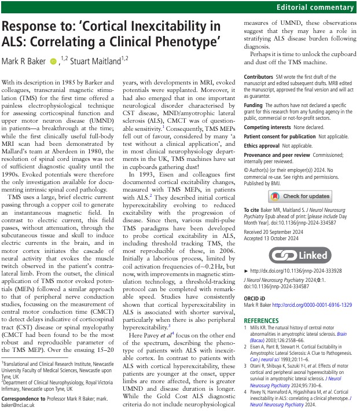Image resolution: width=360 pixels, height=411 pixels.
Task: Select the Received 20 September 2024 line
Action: point(277,233)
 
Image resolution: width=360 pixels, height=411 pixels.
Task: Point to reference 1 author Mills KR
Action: point(262,328)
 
